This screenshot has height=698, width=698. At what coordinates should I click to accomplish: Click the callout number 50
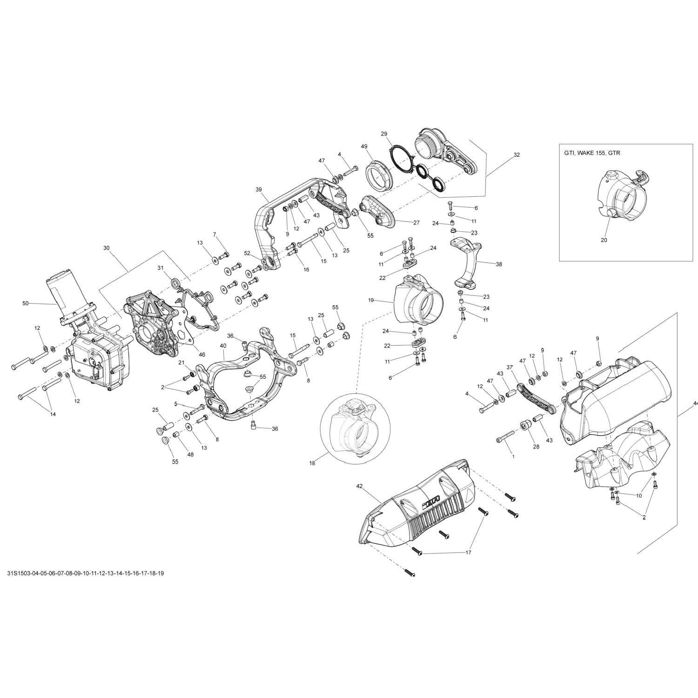(26, 303)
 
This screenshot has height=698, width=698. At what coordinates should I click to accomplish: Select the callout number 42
(359, 486)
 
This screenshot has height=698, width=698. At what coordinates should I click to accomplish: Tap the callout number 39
(259, 189)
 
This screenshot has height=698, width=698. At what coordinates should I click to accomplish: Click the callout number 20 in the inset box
(604, 240)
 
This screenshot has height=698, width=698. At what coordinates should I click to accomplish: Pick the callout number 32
(517, 155)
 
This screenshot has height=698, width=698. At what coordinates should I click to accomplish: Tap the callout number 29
(384, 134)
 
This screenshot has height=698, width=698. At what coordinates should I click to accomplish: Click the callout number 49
(364, 146)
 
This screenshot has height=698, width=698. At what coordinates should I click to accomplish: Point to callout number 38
(499, 264)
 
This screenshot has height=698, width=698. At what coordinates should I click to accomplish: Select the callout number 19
(371, 300)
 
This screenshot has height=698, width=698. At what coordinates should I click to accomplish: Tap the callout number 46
(202, 355)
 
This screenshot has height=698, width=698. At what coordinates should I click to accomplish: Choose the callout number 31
(160, 268)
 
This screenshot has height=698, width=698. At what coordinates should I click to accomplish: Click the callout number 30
(106, 248)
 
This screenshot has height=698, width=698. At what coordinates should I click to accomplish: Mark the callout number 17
(468, 552)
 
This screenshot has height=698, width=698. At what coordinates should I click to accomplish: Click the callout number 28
(536, 447)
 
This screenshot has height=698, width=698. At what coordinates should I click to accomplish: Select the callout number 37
(510, 367)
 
